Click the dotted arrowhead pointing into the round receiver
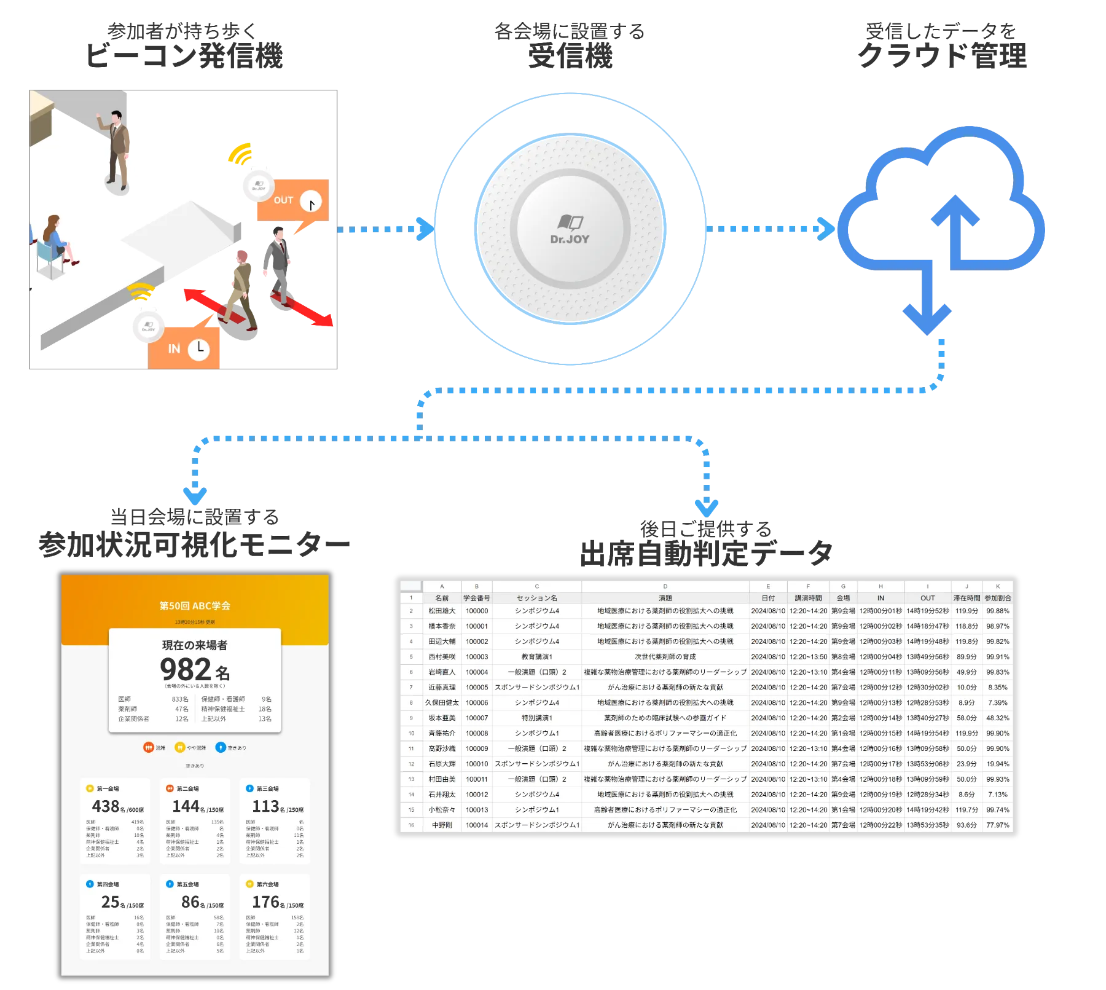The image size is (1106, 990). click(423, 229)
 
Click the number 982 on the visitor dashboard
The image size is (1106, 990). click(186, 669)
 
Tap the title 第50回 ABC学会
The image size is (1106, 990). click(195, 606)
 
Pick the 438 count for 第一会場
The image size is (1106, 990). click(105, 806)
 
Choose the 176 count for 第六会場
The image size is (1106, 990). click(265, 902)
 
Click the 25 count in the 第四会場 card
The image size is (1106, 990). click(110, 902)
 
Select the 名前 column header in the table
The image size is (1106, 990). click(442, 598)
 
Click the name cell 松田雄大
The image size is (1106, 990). click(442, 611)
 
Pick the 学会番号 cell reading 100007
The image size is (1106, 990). click(477, 718)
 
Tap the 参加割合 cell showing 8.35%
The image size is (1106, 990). click(997, 688)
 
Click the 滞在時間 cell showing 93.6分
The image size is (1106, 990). click(967, 825)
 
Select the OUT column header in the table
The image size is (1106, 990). click(927, 598)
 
